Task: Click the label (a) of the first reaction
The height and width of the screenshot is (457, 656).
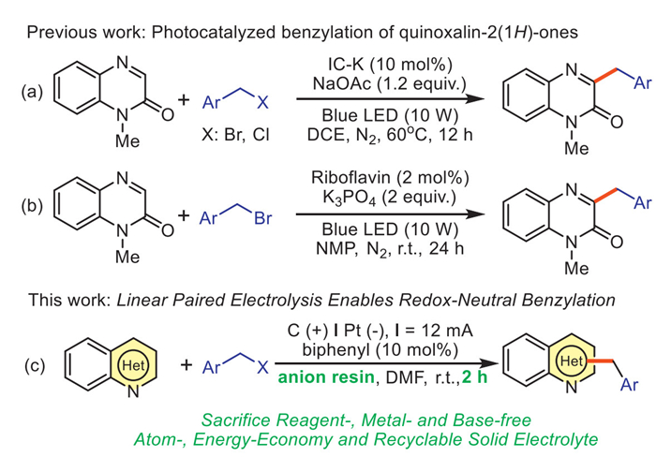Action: [34, 95]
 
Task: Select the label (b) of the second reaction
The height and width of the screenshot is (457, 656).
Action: [34, 217]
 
